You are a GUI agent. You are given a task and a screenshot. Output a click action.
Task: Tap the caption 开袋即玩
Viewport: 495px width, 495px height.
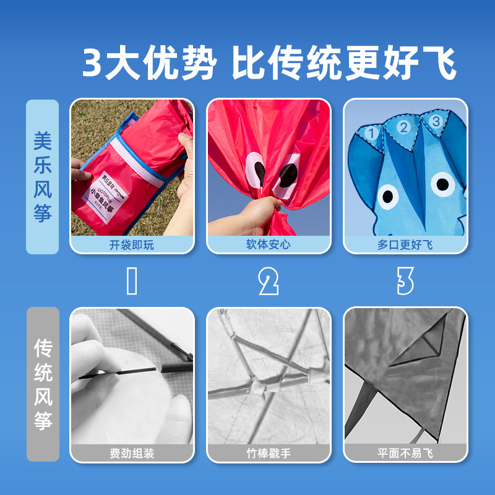click(x=131, y=245)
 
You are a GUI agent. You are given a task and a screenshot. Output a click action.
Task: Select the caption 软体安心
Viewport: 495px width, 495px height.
click(x=268, y=245)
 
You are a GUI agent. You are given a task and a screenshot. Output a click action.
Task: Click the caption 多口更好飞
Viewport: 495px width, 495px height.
click(x=405, y=245)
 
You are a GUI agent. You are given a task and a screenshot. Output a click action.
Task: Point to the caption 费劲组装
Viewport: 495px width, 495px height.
click(x=131, y=454)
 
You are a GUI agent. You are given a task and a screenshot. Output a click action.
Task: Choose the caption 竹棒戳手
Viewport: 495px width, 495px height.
click(x=268, y=454)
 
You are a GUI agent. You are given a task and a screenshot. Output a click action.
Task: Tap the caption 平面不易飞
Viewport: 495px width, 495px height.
click(x=405, y=454)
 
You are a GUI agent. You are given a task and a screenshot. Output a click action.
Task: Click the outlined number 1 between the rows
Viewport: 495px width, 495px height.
click(x=131, y=282)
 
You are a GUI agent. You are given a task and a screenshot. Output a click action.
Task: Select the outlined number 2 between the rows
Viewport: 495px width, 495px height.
click(x=268, y=282)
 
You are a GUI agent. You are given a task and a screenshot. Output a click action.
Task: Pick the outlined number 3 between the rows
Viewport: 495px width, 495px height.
click(x=405, y=282)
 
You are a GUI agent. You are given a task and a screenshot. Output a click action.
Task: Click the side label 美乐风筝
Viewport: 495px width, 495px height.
click(x=42, y=176)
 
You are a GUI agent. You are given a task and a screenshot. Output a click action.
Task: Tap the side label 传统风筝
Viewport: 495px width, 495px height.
click(x=42, y=384)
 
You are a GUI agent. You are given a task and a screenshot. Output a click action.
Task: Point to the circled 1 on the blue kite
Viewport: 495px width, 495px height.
click(x=372, y=132)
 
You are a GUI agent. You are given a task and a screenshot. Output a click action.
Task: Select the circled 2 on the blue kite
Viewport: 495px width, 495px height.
click(x=403, y=128)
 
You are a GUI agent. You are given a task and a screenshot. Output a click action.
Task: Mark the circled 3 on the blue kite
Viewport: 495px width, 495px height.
click(x=436, y=122)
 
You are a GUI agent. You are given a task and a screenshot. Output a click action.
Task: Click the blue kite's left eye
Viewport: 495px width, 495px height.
click(x=388, y=196)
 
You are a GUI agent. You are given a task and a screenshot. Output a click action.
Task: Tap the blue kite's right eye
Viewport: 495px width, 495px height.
click(x=443, y=184)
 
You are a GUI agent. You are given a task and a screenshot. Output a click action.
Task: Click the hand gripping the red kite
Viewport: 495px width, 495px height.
click(x=260, y=213)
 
